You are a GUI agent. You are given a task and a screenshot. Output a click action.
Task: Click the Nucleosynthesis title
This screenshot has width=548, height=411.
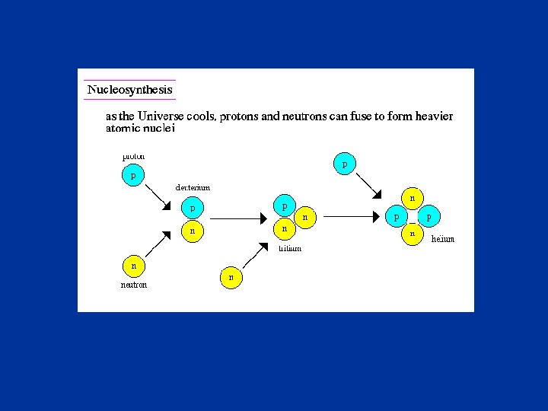point(129,90)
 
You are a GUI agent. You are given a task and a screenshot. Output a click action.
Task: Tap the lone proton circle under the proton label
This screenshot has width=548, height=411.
point(133,175)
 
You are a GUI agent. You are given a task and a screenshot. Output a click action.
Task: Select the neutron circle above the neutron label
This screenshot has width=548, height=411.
point(133,266)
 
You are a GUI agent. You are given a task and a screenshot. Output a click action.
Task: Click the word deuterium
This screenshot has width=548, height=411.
point(193,187)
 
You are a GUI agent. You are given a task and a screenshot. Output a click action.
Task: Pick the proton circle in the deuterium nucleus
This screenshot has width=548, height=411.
point(192,207)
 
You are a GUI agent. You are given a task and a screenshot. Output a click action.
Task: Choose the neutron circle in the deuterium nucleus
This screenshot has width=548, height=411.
point(192,229)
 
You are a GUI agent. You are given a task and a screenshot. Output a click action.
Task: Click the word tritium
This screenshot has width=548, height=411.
point(289,248)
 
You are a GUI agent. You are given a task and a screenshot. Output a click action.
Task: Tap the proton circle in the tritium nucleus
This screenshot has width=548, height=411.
point(284,206)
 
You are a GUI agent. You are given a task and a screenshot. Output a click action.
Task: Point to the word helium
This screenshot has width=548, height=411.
point(442,239)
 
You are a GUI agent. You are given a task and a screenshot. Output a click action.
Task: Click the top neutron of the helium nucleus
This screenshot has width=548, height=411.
point(412,199)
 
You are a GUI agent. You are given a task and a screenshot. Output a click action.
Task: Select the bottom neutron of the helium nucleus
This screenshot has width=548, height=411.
point(412,234)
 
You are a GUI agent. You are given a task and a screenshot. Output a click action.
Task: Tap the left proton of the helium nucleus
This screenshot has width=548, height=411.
point(396,217)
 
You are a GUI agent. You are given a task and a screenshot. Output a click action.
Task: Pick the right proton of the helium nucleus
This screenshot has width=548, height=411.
point(429,217)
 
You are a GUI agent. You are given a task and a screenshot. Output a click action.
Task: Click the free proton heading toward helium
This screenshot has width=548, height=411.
point(344,164)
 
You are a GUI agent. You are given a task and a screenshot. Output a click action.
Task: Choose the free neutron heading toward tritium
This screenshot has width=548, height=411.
point(231,278)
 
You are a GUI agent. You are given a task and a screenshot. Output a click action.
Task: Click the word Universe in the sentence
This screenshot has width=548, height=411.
point(154,116)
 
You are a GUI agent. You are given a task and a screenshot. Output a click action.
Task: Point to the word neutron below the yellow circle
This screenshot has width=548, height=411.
point(134,285)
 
